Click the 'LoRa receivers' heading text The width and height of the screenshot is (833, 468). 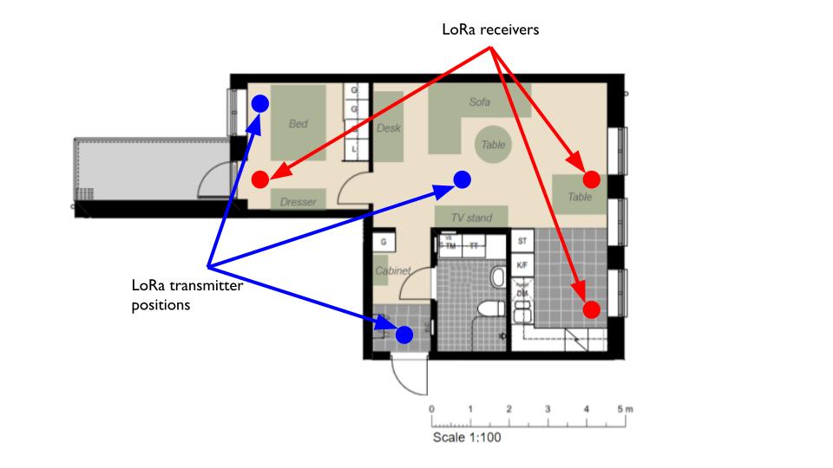(491, 30)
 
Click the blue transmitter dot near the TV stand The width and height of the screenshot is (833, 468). (462, 179)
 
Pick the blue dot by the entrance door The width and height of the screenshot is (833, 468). (404, 334)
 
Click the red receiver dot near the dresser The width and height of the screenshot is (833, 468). (259, 179)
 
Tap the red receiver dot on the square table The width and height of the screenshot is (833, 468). (591, 179)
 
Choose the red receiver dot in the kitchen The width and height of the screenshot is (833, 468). (591, 309)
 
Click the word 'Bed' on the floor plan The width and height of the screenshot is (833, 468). (298, 124)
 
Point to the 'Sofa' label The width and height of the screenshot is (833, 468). (480, 102)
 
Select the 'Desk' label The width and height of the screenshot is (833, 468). (389, 128)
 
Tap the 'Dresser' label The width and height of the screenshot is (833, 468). (298, 202)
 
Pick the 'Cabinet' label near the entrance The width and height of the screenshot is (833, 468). (391, 271)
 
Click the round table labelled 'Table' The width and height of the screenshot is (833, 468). (493, 145)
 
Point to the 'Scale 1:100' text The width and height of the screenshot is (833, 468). (467, 438)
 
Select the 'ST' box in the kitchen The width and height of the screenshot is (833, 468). (522, 240)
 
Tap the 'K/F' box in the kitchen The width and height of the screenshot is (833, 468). (522, 263)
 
